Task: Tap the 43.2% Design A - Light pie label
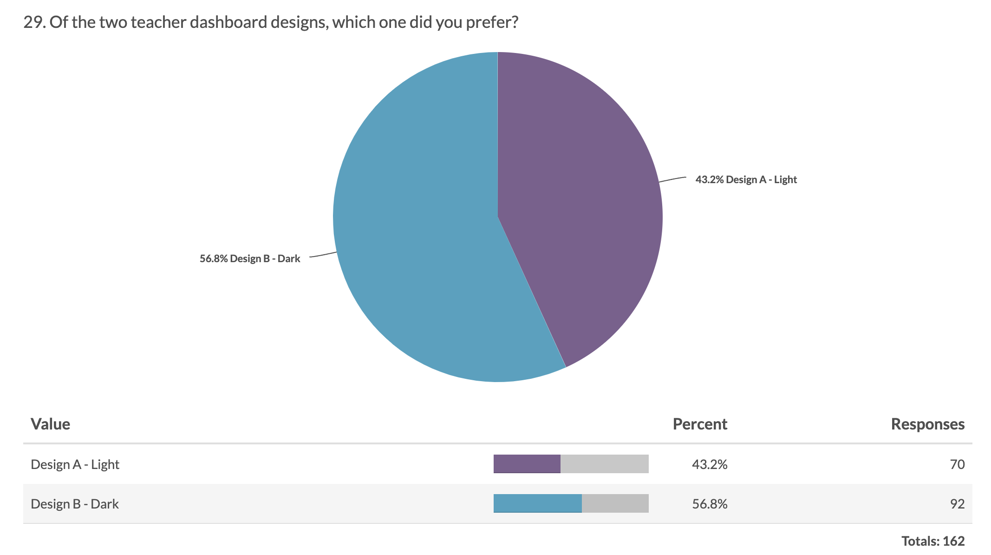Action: pyautogui.click(x=746, y=180)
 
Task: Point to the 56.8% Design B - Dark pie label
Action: pyautogui.click(x=250, y=259)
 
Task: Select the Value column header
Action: pyautogui.click(x=50, y=424)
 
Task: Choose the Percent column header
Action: pyautogui.click(x=700, y=424)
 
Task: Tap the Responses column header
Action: pyautogui.click(x=927, y=424)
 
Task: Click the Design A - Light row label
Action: pyautogui.click(x=75, y=464)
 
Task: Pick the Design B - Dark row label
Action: pyautogui.click(x=75, y=504)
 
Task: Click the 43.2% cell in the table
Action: pyautogui.click(x=710, y=464)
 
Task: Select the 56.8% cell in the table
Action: pyautogui.click(x=710, y=504)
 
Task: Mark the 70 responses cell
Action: pyautogui.click(x=957, y=464)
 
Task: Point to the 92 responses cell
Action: pyautogui.click(x=957, y=504)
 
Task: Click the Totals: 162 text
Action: pyautogui.click(x=933, y=541)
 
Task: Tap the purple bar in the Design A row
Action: pyautogui.click(x=527, y=464)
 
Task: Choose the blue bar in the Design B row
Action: pyautogui.click(x=537, y=503)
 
